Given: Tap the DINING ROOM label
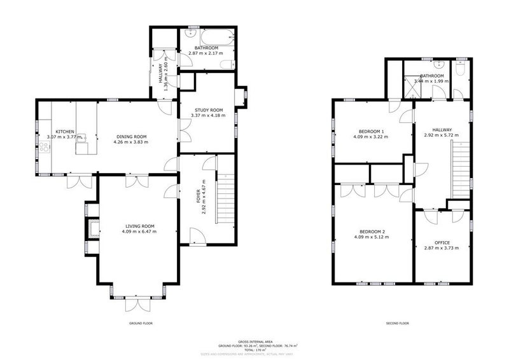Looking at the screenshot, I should [131, 136].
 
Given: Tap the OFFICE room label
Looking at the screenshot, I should [442, 243].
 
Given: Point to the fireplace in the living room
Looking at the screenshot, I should [93, 227].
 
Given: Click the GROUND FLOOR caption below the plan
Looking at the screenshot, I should [140, 323].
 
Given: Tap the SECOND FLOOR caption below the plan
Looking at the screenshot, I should [397, 323].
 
